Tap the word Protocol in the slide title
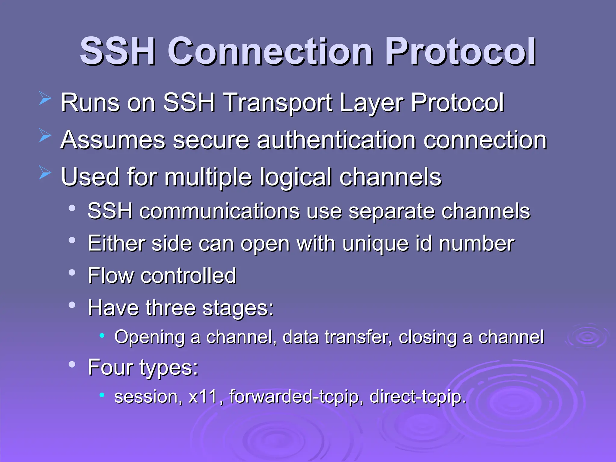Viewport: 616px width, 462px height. (460, 52)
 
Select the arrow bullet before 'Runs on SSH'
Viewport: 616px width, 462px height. (45, 99)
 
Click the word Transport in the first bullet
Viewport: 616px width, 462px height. (278, 103)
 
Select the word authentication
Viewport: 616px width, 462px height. (336, 140)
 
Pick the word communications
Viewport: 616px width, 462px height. (219, 211)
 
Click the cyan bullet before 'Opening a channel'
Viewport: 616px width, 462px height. (102, 335)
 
